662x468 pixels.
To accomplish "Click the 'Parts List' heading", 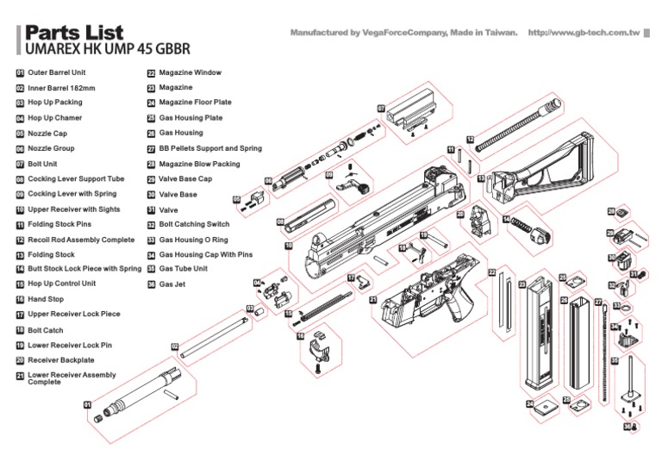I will pos(74,33).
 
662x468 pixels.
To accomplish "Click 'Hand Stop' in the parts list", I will pos(46,298).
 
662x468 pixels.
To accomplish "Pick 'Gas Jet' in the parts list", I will pos(172,284).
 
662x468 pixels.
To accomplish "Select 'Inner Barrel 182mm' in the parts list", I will pos(61,87).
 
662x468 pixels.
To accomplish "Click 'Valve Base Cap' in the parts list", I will pos(185,178).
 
